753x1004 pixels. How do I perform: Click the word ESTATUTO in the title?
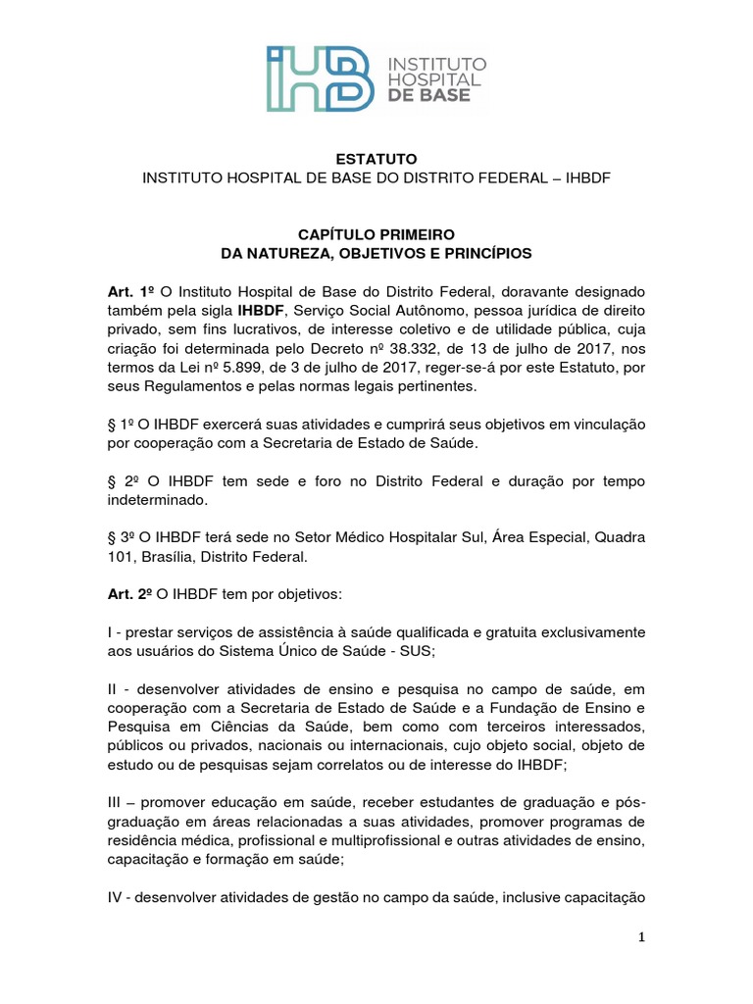tap(376, 159)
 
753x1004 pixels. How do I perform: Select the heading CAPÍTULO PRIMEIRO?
tap(376, 235)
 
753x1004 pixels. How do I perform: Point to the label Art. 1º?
tap(131, 292)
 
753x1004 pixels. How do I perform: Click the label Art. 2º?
tap(131, 595)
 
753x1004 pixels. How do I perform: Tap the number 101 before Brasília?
tap(122, 557)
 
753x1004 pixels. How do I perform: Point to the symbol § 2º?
tap(123, 481)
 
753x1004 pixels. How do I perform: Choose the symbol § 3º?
tap(122, 538)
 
